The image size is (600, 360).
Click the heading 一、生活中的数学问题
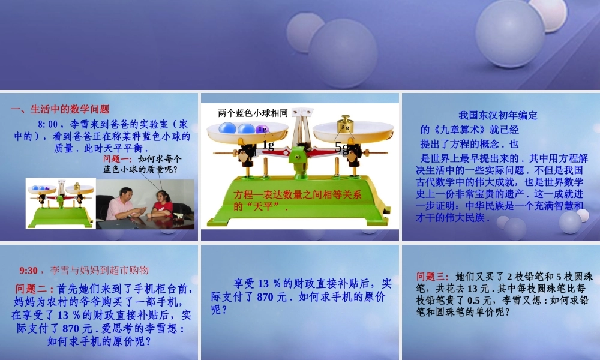point(60,109)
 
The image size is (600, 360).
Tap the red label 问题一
point(117,159)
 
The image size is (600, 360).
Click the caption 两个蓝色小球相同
point(253,113)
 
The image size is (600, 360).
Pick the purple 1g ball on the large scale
point(262,128)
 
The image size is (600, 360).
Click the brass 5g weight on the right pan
point(345,125)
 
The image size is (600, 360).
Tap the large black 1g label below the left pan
point(268,145)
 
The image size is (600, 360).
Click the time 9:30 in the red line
point(29,270)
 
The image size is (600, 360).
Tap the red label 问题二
point(35,289)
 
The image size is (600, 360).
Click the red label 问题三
point(432,277)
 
